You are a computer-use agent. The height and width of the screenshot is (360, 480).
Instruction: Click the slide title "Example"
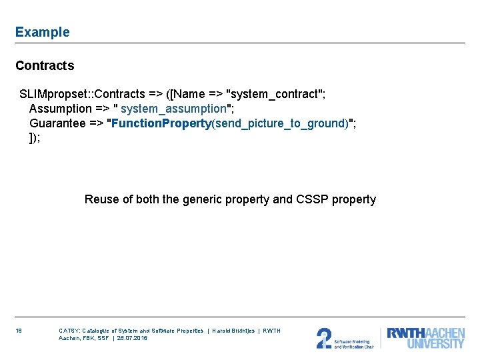point(42,32)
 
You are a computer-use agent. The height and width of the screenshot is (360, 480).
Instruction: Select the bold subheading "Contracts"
point(45,65)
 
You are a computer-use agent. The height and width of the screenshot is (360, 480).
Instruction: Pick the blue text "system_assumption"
point(173,109)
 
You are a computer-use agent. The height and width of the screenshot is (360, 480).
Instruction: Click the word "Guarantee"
point(57,123)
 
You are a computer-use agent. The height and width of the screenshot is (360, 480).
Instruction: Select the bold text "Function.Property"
point(161,123)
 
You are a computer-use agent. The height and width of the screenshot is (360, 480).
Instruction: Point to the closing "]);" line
point(35,138)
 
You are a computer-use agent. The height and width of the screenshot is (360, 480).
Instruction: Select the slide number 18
point(19,331)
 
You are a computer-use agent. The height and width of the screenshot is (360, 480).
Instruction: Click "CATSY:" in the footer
point(69,331)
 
